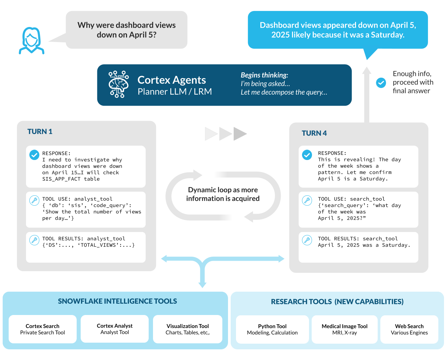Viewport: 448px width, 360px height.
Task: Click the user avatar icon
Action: (x=32, y=40)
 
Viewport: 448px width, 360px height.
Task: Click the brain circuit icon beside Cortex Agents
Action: (x=119, y=84)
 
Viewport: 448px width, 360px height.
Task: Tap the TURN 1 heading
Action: (x=40, y=131)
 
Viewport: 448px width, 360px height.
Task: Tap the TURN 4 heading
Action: (x=314, y=133)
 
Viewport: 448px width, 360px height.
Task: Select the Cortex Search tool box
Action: (x=43, y=329)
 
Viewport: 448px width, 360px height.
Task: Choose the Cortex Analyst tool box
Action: (x=115, y=329)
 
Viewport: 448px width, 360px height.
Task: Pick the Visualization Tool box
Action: (x=188, y=329)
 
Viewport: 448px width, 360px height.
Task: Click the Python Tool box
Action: (x=272, y=329)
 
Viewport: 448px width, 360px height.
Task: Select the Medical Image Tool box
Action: (x=344, y=329)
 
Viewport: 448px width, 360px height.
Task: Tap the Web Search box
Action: (x=409, y=329)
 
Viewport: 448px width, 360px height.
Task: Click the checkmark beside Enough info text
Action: (x=381, y=83)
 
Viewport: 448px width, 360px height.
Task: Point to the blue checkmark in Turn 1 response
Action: (x=34, y=155)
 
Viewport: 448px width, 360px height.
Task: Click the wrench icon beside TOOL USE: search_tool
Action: (x=307, y=200)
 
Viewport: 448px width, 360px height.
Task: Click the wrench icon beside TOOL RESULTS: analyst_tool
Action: (x=34, y=240)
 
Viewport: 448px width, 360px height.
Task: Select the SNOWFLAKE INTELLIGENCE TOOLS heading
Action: (x=117, y=301)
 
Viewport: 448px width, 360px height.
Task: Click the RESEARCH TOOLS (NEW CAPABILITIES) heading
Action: (x=337, y=302)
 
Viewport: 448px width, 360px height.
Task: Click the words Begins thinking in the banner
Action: (x=264, y=75)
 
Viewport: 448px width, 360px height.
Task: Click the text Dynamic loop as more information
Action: (x=223, y=194)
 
